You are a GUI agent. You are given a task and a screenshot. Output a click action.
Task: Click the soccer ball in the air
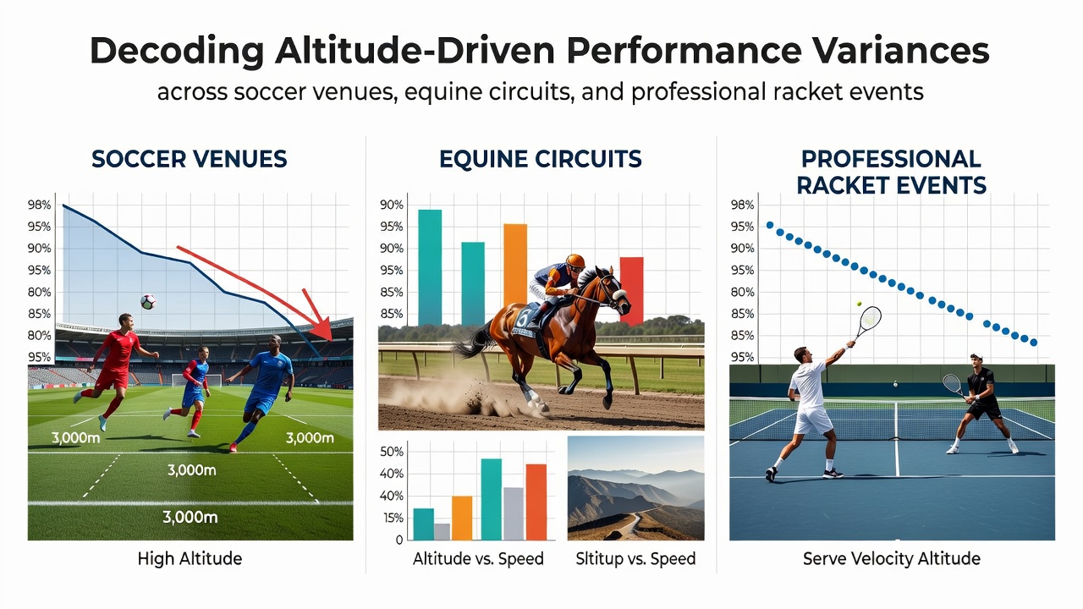point(148,302)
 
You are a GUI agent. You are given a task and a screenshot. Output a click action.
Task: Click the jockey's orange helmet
point(575,261)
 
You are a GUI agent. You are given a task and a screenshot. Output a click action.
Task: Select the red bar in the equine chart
point(631,291)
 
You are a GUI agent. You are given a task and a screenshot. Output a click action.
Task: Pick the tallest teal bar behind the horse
point(430,267)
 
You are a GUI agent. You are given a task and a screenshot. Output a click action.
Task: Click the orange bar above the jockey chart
point(515,264)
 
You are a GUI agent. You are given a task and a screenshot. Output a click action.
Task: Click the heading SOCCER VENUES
point(189,159)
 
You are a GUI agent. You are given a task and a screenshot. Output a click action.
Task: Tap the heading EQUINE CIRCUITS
point(540,159)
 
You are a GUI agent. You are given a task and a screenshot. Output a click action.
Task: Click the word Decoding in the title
point(177,52)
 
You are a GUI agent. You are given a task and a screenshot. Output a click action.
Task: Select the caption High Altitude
point(190,558)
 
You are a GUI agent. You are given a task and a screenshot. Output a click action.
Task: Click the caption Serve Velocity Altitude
point(892,558)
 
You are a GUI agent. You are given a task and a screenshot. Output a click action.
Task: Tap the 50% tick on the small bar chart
point(392,452)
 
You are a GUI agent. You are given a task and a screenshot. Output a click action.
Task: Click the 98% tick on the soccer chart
point(39,205)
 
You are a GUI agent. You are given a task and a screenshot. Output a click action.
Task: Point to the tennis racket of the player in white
point(867,322)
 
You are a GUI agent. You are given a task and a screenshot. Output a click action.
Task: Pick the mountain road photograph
point(635,488)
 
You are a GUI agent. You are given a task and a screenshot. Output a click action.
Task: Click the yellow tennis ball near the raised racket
point(859,304)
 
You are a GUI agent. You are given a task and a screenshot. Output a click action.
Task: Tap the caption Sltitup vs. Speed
point(635,558)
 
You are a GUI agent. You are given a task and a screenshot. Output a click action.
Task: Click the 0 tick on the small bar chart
point(399,540)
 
